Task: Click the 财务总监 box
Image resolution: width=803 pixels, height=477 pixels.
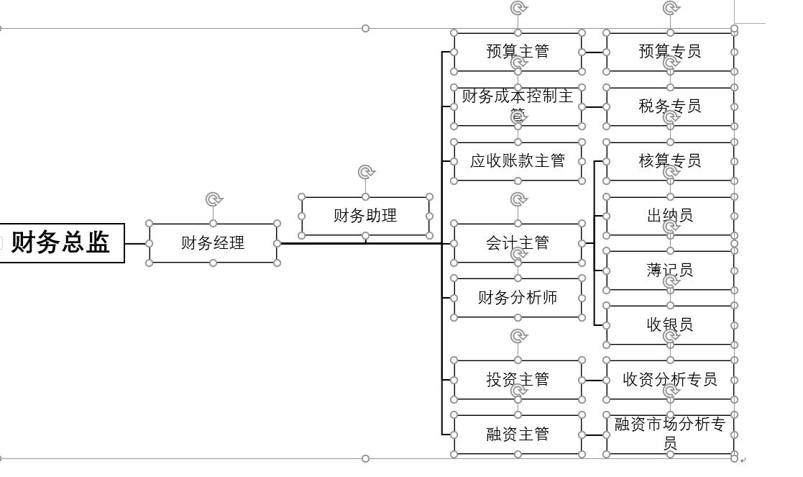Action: click(61, 242)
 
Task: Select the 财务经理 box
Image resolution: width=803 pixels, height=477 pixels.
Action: click(213, 243)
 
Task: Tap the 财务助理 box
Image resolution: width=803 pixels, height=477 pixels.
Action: click(365, 216)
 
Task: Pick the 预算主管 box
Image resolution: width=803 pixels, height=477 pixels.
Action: click(518, 52)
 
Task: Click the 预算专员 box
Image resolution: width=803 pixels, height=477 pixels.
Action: click(670, 52)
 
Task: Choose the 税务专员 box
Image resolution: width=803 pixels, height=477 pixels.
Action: click(670, 106)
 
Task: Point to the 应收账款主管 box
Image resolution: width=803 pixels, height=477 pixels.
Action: click(518, 161)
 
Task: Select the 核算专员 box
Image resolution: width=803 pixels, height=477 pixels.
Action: click(670, 161)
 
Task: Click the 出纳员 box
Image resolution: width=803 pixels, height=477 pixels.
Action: click(670, 216)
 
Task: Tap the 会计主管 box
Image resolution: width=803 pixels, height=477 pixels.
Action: click(518, 243)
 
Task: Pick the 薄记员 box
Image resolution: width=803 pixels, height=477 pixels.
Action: click(670, 271)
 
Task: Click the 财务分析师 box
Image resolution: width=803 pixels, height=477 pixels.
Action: click(518, 298)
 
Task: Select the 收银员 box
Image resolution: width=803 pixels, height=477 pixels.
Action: click(670, 325)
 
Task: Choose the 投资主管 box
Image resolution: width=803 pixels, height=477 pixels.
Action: click(518, 380)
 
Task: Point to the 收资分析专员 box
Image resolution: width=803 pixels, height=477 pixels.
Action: click(670, 380)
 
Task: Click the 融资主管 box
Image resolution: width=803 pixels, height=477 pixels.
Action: click(518, 435)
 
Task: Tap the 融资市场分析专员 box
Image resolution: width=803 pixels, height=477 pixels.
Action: click(670, 434)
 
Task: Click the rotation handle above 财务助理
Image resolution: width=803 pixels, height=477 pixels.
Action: click(366, 172)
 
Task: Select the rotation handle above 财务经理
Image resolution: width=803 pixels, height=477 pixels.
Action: click(213, 199)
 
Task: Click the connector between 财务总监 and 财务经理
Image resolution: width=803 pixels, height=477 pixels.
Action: click(137, 243)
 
